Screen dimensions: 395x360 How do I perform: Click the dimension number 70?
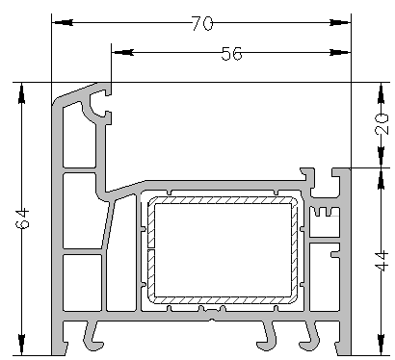point(202,23)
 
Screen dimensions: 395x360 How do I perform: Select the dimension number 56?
point(231,53)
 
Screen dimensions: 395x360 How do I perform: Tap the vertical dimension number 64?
point(23,219)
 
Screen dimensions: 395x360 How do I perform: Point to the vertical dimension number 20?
point(382,123)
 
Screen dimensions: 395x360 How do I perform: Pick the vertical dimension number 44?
point(382,262)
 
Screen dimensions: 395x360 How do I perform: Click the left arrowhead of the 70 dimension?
point(63,22)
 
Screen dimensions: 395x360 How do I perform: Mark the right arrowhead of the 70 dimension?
point(340,22)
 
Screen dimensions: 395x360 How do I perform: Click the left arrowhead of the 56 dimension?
point(122,52)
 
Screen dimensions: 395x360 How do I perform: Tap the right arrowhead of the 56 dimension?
point(340,52)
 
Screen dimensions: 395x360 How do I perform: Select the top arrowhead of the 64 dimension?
point(21,93)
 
